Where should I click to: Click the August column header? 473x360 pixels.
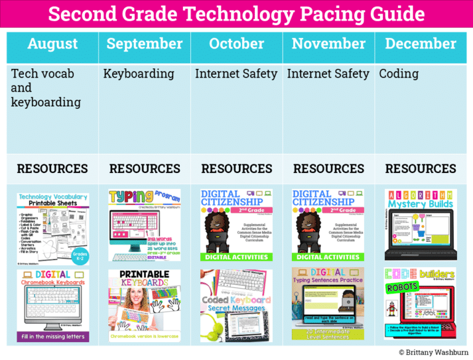52,44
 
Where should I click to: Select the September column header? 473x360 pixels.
144,44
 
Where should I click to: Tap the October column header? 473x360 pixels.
236,44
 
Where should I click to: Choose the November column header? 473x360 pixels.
328,44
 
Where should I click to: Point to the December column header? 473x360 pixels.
421,44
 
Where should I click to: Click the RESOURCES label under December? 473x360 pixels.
421,169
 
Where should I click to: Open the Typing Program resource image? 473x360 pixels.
144,225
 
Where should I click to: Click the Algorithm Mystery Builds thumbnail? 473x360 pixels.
421,225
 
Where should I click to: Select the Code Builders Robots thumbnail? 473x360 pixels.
421,303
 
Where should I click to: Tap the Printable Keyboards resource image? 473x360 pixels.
144,305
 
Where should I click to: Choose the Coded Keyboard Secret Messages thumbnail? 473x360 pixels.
236,305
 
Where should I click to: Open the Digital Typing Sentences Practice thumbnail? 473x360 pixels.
328,303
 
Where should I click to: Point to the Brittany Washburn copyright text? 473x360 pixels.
432,353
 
